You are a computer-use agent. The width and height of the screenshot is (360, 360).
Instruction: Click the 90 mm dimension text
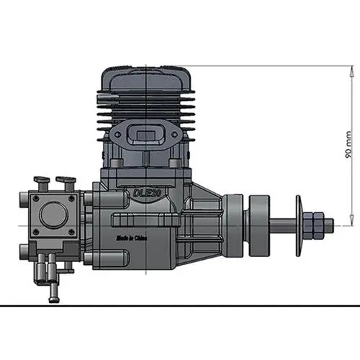pyautogui.click(x=348, y=144)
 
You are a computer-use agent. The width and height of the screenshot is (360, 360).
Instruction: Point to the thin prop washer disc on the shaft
pyautogui.click(x=298, y=225)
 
